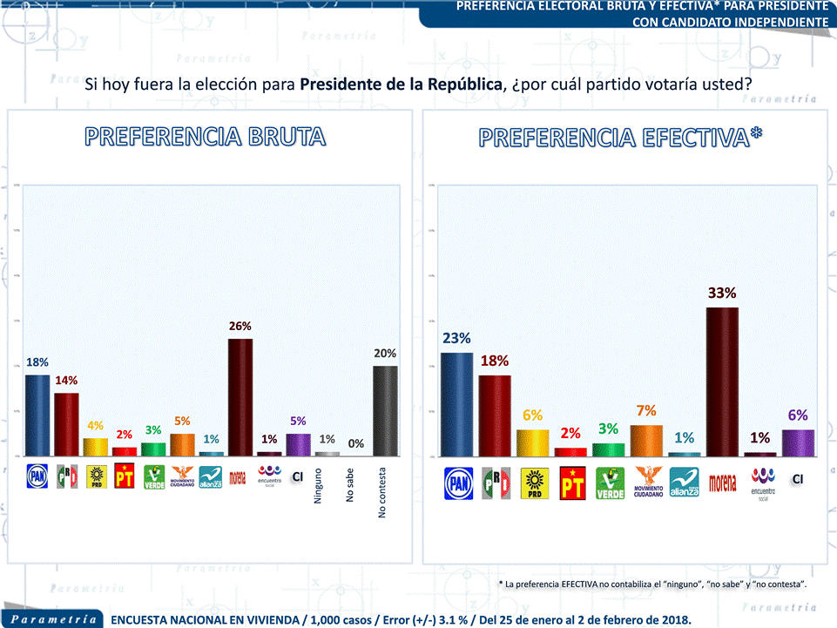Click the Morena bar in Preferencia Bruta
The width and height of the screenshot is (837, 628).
(240, 396)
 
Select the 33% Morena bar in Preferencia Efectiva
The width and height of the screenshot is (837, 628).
(722, 381)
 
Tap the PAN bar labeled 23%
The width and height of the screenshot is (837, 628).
(457, 403)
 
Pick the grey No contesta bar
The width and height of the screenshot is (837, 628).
(385, 410)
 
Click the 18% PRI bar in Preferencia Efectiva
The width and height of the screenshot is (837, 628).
(495, 415)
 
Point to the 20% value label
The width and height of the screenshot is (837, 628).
(385, 354)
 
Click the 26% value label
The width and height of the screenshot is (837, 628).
(240, 326)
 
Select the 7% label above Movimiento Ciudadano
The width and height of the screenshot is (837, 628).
(646, 411)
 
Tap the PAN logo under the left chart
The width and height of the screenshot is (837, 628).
(37, 476)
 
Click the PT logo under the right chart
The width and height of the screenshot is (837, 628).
(571, 483)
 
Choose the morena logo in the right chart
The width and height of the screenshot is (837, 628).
(722, 482)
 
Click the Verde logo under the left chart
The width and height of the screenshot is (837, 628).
(154, 477)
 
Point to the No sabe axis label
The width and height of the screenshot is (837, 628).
(350, 485)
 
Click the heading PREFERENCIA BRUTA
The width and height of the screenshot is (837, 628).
(206, 137)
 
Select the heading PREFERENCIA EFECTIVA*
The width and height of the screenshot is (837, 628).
(621, 138)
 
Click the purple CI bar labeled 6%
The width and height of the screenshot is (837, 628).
(797, 442)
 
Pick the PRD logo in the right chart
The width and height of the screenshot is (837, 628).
(533, 483)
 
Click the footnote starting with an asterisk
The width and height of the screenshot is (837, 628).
(652, 584)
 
